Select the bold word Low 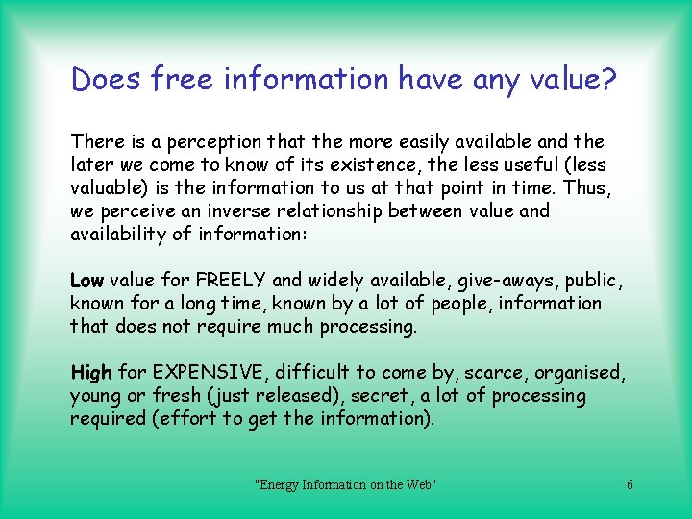87,281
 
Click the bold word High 91,373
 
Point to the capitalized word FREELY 231,281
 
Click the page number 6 630,485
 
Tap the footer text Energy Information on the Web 345,485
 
